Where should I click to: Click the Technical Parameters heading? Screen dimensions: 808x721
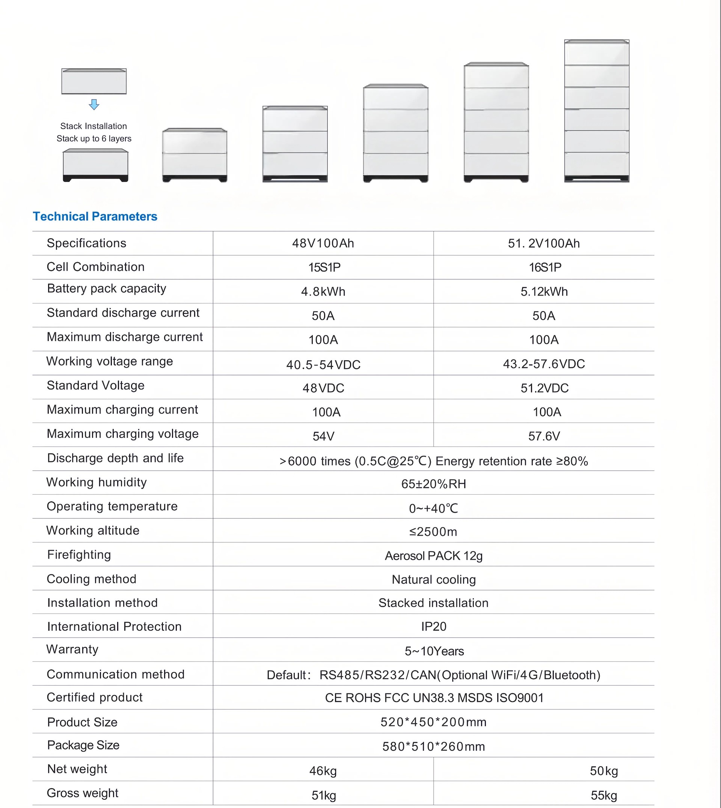pyautogui.click(x=95, y=216)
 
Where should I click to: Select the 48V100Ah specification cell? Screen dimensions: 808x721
pyautogui.click(x=323, y=243)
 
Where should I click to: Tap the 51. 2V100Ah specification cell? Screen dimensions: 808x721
pyautogui.click(x=543, y=243)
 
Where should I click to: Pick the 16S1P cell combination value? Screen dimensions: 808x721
pyautogui.click(x=545, y=267)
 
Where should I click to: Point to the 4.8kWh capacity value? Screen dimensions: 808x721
pyautogui.click(x=323, y=291)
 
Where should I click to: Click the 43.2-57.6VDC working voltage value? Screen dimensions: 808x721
pyautogui.click(x=543, y=364)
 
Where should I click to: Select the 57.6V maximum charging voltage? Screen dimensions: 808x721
pyautogui.click(x=544, y=436)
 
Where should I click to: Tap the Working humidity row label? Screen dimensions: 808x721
pyautogui.click(x=96, y=482)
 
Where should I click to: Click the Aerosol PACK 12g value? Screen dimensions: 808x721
pyautogui.click(x=433, y=556)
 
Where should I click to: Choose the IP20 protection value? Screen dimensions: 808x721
pyautogui.click(x=433, y=627)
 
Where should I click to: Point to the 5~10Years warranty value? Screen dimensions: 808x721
pyautogui.click(x=434, y=651)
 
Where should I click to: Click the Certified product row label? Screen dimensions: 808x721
pyautogui.click(x=94, y=698)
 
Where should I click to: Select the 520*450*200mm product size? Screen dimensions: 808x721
pyautogui.click(x=433, y=722)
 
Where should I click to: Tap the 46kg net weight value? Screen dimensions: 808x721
pyautogui.click(x=323, y=771)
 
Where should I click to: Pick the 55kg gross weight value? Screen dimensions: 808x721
pyautogui.click(x=604, y=795)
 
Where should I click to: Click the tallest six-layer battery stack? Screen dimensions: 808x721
pyautogui.click(x=597, y=111)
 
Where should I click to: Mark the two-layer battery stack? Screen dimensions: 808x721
pyautogui.click(x=195, y=155)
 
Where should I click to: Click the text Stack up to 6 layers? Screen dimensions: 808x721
pyautogui.click(x=94, y=139)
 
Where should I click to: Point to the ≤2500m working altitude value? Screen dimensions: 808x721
pyautogui.click(x=433, y=532)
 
